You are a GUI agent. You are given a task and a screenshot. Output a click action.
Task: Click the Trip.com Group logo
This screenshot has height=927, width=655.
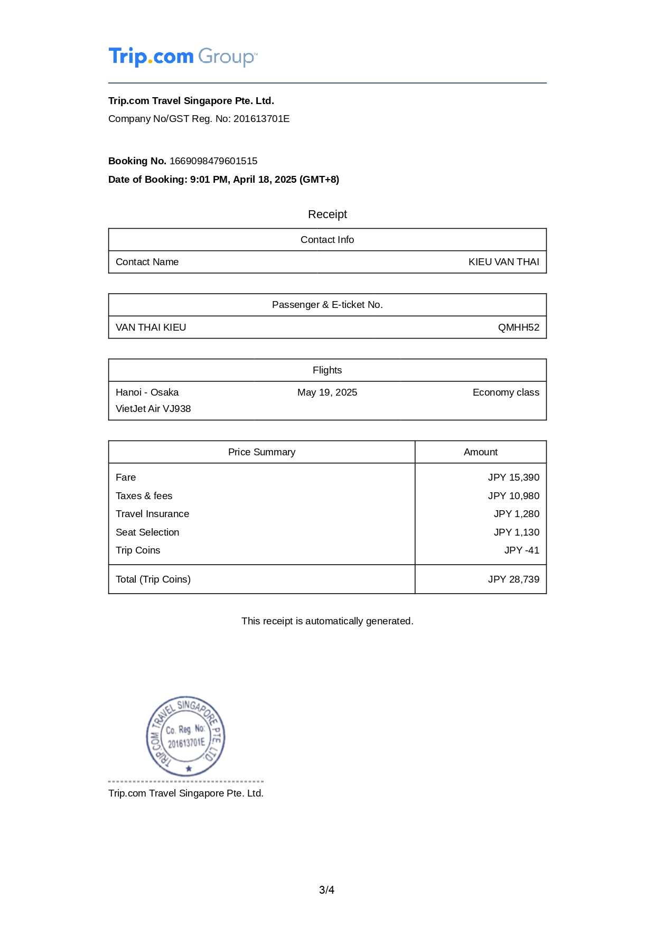[x=183, y=57]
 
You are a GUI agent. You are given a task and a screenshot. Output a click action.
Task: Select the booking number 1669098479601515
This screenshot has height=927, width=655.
[x=213, y=161]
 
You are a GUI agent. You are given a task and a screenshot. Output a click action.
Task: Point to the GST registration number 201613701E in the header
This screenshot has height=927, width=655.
[x=261, y=119]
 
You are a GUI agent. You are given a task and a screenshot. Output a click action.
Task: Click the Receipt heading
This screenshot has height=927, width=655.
[x=327, y=214]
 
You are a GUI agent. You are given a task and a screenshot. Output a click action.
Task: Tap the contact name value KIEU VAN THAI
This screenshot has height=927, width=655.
[x=503, y=262]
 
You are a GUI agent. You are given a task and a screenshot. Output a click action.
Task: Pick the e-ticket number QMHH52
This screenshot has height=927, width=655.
[x=518, y=327]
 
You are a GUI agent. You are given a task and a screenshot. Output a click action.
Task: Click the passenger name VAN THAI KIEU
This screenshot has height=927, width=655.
[x=151, y=327]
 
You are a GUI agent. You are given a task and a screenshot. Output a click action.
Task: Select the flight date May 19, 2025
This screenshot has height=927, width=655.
[x=327, y=392]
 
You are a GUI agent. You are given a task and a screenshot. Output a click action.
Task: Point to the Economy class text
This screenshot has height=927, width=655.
[x=506, y=392]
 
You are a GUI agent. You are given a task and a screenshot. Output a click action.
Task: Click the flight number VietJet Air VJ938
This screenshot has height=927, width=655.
[x=153, y=409]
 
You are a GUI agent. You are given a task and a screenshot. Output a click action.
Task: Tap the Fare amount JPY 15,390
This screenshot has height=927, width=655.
[x=513, y=477]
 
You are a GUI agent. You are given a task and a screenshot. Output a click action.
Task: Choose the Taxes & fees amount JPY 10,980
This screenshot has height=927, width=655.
[x=513, y=496]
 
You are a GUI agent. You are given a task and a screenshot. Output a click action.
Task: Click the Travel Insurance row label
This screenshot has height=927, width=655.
[x=152, y=514]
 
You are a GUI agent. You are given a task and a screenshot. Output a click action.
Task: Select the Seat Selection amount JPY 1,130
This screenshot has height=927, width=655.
[x=516, y=532]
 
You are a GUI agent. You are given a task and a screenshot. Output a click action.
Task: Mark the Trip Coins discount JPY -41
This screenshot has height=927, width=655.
[x=521, y=550]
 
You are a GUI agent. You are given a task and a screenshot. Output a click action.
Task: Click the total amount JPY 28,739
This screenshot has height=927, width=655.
[x=513, y=579]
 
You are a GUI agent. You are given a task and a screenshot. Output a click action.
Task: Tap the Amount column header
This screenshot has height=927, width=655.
[x=480, y=452]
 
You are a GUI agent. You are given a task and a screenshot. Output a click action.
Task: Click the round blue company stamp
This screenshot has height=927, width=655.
[x=185, y=736]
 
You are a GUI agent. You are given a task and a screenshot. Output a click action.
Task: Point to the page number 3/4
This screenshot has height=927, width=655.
[x=326, y=890]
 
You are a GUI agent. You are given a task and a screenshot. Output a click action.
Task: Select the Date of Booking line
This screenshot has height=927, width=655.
[x=223, y=180]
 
